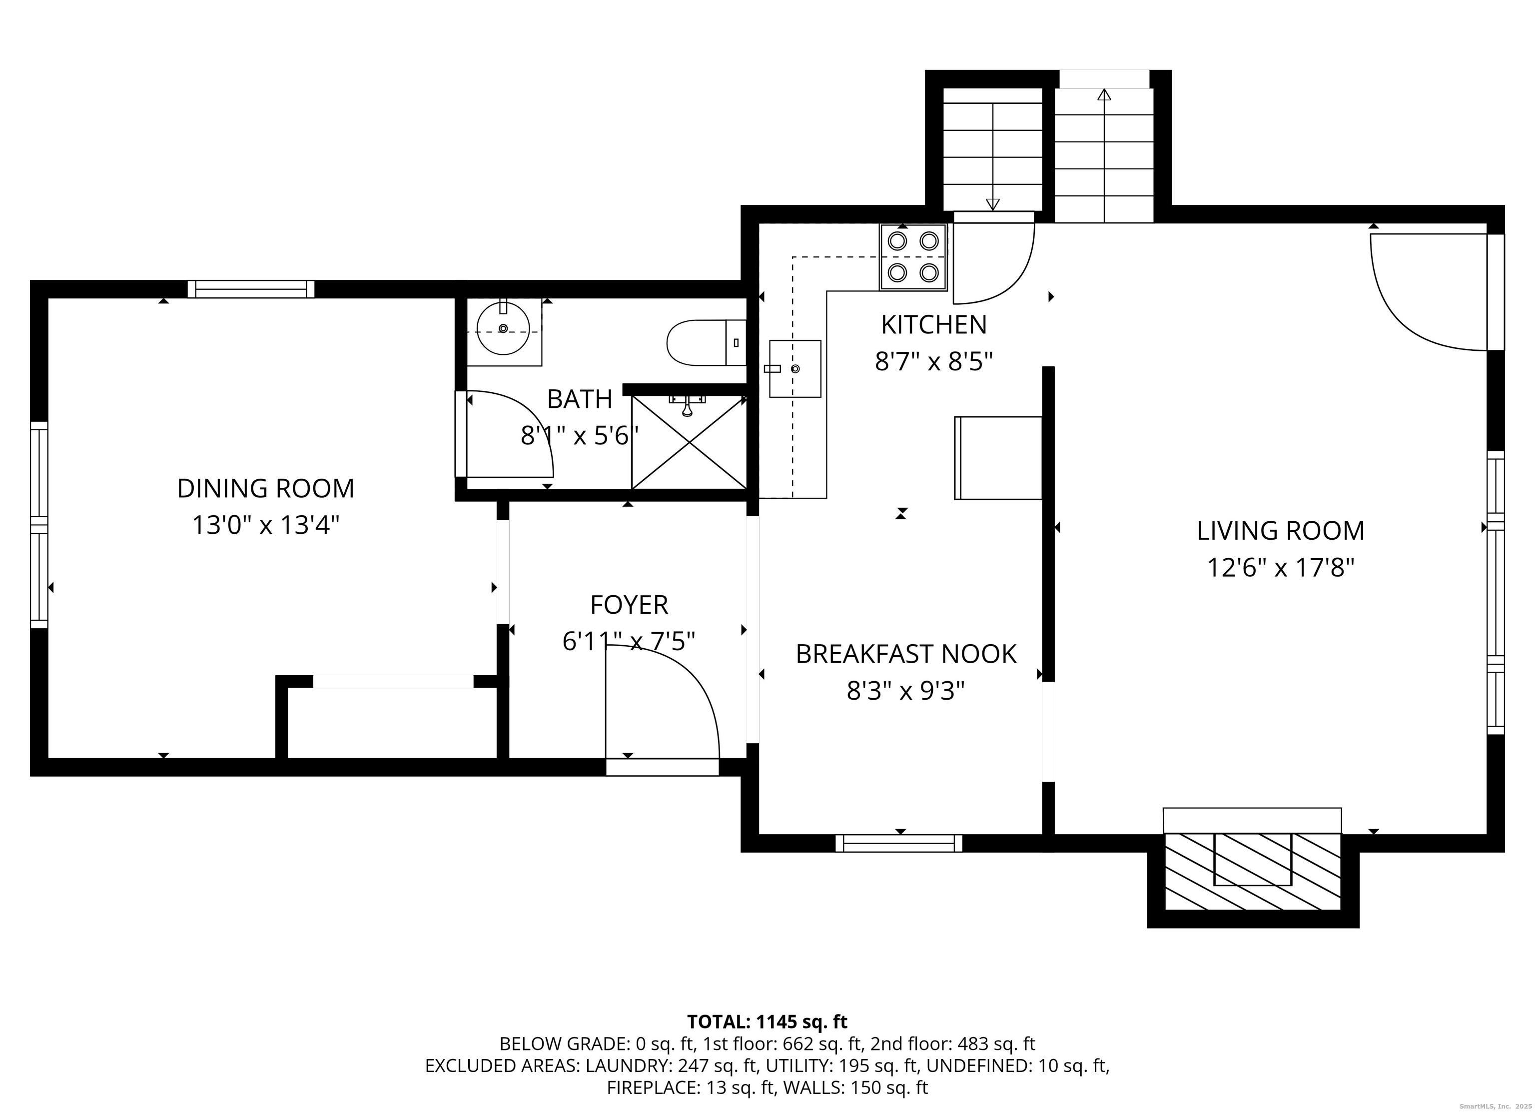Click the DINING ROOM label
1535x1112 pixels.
(265, 489)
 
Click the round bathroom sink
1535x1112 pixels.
(503, 329)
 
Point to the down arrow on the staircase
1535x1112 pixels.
(993, 202)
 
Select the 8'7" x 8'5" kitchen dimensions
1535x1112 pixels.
(933, 362)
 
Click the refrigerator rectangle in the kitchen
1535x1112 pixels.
(998, 458)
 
